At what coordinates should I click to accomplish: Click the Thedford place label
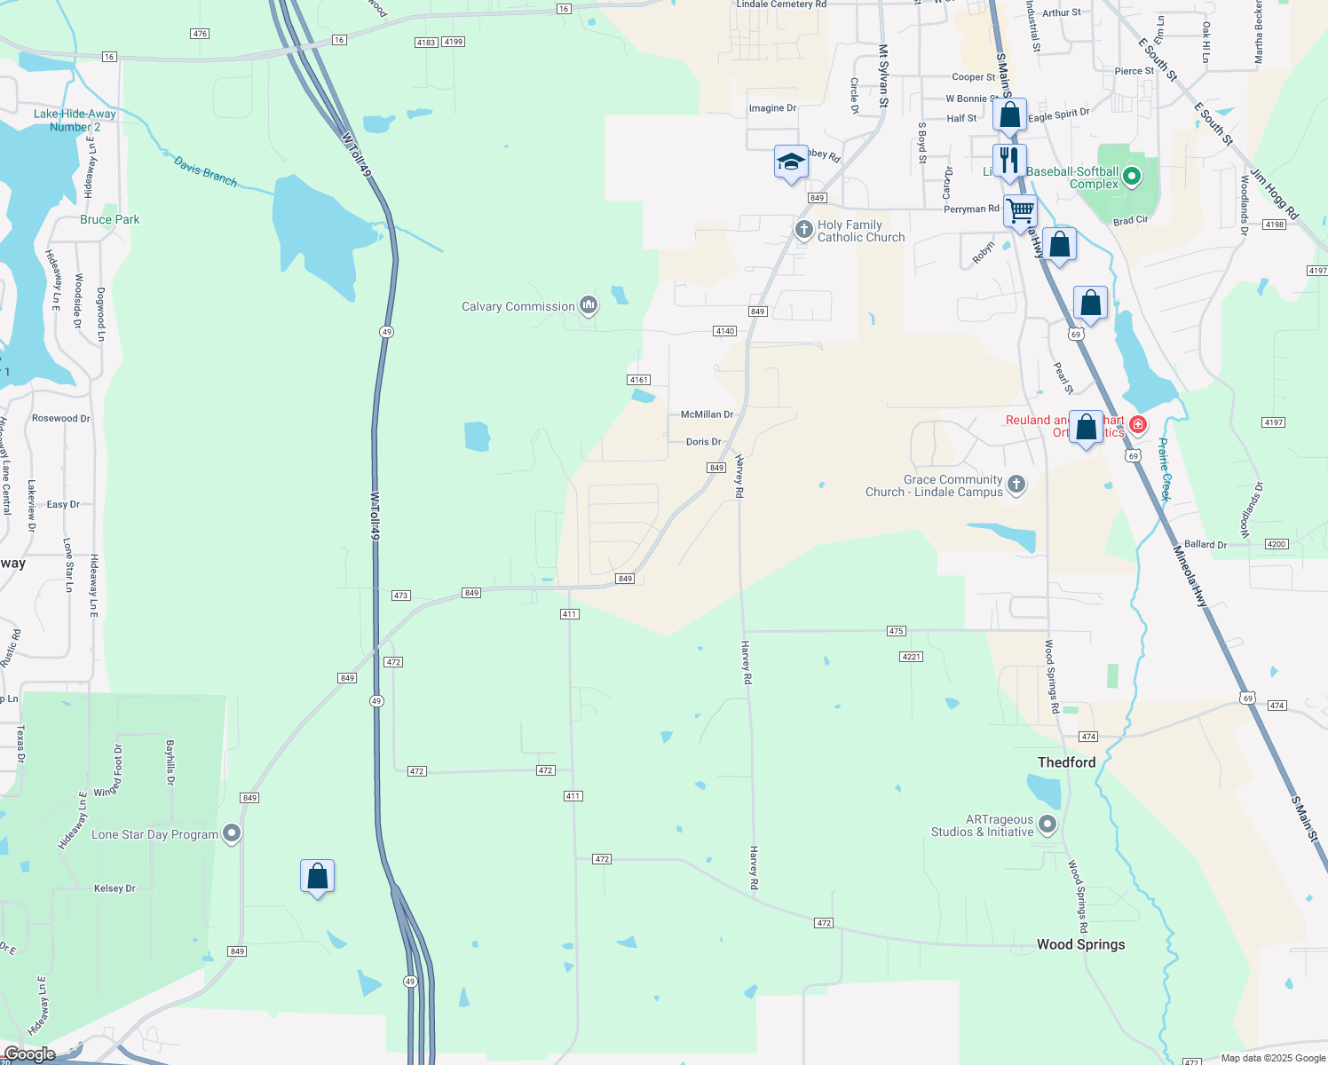tap(1066, 762)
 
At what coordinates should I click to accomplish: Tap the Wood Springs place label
tap(1080, 944)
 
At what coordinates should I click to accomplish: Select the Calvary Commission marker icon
tap(588, 306)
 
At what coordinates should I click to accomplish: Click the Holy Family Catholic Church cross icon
tap(803, 231)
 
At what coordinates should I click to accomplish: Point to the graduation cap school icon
tap(791, 162)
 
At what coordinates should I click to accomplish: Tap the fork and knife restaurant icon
tap(1009, 161)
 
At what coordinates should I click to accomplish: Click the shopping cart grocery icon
tap(1021, 211)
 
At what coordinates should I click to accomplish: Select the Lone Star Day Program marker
tap(232, 833)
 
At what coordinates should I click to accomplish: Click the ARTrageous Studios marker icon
tap(1047, 824)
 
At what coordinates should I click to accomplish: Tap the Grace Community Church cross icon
tap(1016, 485)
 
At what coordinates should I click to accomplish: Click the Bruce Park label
tap(110, 219)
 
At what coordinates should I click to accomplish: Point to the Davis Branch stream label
tap(205, 171)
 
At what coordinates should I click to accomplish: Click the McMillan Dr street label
tap(707, 414)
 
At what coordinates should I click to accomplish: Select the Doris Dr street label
tap(703, 442)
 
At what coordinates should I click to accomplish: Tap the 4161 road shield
tap(639, 380)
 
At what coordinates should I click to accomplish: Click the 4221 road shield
tap(911, 657)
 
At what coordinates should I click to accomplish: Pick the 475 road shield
tap(896, 631)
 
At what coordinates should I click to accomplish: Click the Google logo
tap(29, 1054)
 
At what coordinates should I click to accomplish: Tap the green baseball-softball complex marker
tap(1131, 177)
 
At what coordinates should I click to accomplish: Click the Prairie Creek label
tap(1166, 469)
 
